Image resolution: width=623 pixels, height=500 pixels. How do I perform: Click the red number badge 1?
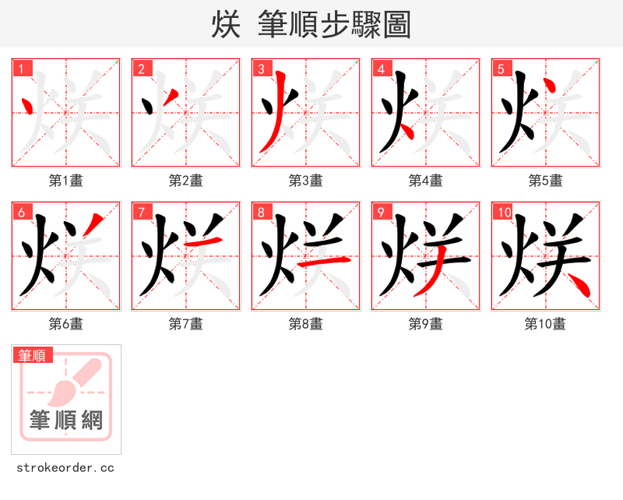coord(21,69)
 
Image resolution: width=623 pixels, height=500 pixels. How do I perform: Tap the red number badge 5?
coord(501,69)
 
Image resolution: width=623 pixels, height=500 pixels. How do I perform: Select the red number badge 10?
coord(503,212)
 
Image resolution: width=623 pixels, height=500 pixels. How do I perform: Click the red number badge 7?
coord(141,212)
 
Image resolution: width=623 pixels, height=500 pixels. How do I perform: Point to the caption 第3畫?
coord(305,181)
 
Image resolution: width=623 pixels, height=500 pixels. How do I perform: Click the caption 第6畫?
coord(65,324)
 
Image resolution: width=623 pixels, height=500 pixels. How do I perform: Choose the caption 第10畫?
coord(545,324)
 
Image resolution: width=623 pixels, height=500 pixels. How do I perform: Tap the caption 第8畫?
coord(305,324)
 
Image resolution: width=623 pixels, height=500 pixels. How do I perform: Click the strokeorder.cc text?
coord(65,468)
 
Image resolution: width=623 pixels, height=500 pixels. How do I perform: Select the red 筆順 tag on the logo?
coord(33,355)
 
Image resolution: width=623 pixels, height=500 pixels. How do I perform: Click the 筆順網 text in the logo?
coord(66,421)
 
